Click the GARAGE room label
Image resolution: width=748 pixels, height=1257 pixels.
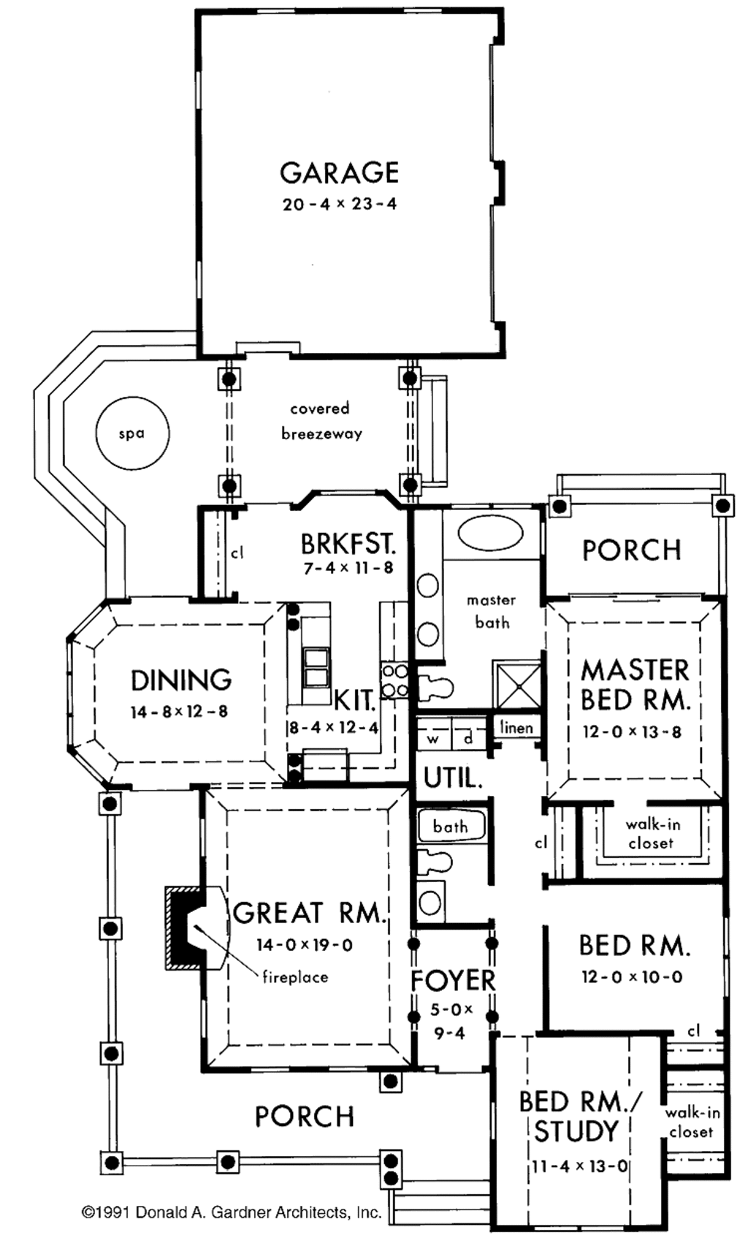(x=339, y=173)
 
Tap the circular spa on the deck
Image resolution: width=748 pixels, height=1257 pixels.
(x=132, y=433)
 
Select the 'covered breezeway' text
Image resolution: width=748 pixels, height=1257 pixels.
(x=321, y=421)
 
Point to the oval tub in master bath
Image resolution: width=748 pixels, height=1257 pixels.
(x=490, y=533)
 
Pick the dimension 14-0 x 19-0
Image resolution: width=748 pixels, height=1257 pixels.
(x=304, y=945)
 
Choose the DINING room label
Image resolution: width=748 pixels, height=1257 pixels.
(x=181, y=680)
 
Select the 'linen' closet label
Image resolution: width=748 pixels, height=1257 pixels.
(x=516, y=728)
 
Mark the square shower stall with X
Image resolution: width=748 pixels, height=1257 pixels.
(x=516, y=685)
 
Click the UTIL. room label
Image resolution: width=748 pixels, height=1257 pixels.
(x=453, y=778)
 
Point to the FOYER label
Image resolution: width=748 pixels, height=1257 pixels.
(x=453, y=981)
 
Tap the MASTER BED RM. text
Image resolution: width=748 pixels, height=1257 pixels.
(x=635, y=685)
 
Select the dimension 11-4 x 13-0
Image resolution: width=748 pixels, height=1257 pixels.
(x=579, y=1166)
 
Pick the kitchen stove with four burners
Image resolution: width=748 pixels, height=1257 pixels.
(x=394, y=680)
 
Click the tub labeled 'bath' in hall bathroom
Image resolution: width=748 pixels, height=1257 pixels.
(x=451, y=827)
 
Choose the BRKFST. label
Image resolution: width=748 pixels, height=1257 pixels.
(x=348, y=544)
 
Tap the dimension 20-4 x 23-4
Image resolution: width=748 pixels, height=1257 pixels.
(x=339, y=205)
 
